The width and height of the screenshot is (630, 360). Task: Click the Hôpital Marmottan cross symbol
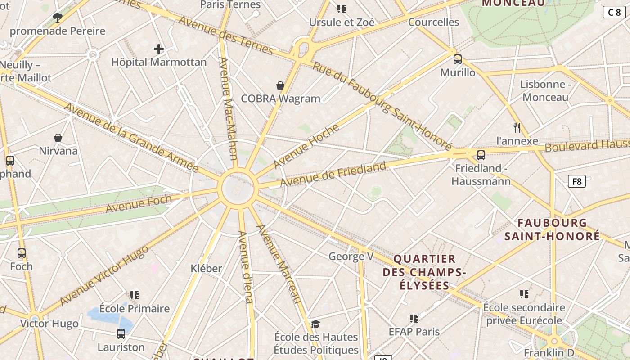(159, 49)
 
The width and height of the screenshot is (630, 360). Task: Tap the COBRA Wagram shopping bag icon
(280, 85)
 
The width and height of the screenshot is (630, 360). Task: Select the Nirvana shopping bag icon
(58, 137)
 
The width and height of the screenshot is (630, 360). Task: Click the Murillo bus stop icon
(458, 59)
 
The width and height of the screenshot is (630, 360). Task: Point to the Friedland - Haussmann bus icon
(481, 155)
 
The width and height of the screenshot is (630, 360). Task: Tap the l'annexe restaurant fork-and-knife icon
(517, 128)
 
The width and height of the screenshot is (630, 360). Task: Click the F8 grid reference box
(576, 182)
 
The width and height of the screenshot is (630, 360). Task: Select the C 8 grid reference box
(614, 12)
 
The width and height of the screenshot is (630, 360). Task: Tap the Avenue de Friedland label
(333, 174)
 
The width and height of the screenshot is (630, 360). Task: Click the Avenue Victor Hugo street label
(104, 275)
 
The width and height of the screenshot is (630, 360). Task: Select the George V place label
(351, 256)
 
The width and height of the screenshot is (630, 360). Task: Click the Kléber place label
(206, 268)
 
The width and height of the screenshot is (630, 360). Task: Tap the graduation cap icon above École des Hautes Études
(316, 324)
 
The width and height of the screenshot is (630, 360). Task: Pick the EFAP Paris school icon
(414, 319)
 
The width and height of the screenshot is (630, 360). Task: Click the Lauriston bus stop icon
(121, 334)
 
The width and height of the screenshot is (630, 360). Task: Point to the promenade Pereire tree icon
(57, 18)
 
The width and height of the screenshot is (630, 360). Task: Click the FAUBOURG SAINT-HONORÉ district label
(552, 229)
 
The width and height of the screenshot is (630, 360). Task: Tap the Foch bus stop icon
(22, 253)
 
